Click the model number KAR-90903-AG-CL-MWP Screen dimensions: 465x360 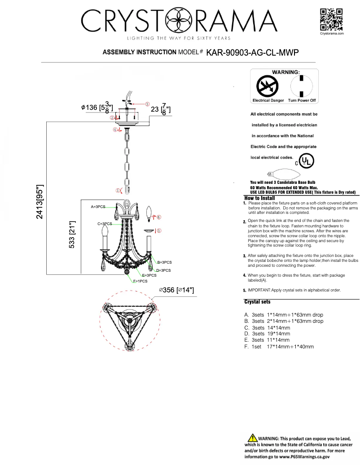tap(252, 52)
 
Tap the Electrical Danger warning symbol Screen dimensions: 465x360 tap(268, 86)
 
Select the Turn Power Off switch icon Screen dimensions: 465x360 tap(302, 86)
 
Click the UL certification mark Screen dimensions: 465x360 tap(307, 160)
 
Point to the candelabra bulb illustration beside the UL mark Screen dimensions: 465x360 tap(279, 174)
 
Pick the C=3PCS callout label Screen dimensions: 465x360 tap(105, 223)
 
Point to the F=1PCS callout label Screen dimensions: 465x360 tap(140, 281)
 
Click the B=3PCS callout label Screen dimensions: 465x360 tap(164, 262)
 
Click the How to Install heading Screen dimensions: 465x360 tap(259, 198)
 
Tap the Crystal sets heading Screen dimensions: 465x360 tap(257, 302)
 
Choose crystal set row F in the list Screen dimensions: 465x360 tap(279, 347)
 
